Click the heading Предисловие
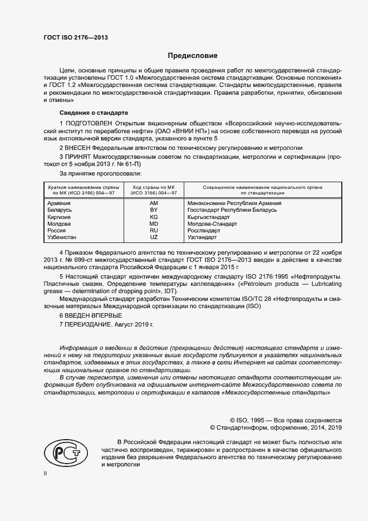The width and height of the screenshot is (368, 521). coord(193,56)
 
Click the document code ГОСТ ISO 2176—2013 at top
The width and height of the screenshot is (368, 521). coord(75,37)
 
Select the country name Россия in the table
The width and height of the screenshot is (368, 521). coord(57,230)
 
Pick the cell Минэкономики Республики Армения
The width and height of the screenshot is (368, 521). coord(234,203)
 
